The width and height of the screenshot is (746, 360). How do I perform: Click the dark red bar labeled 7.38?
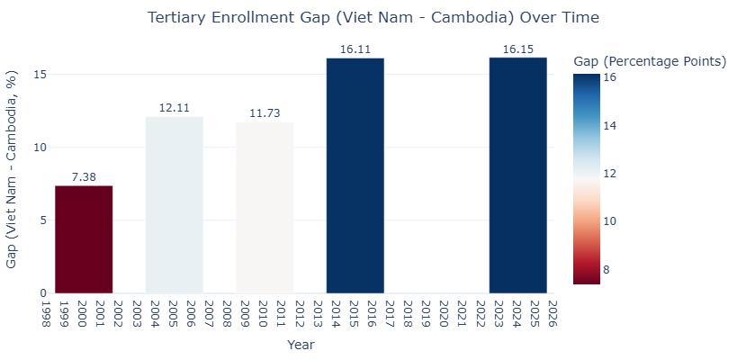pos(84,239)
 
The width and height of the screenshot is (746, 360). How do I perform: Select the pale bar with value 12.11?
pos(175,204)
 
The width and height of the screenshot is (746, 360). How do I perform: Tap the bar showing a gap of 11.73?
pos(265,207)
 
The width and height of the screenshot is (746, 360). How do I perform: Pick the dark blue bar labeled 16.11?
pos(355,175)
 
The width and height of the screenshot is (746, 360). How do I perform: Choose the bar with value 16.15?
pos(517,175)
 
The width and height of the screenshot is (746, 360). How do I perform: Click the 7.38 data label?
pos(84,177)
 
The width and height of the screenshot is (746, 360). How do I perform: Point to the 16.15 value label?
pos(517,49)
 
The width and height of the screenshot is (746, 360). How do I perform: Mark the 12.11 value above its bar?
pos(175,108)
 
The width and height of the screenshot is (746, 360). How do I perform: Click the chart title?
pos(373,18)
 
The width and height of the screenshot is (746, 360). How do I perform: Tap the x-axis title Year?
pos(301,344)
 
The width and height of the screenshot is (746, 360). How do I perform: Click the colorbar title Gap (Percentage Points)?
pos(650,61)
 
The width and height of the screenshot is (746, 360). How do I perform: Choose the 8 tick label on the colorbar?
pos(606,269)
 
